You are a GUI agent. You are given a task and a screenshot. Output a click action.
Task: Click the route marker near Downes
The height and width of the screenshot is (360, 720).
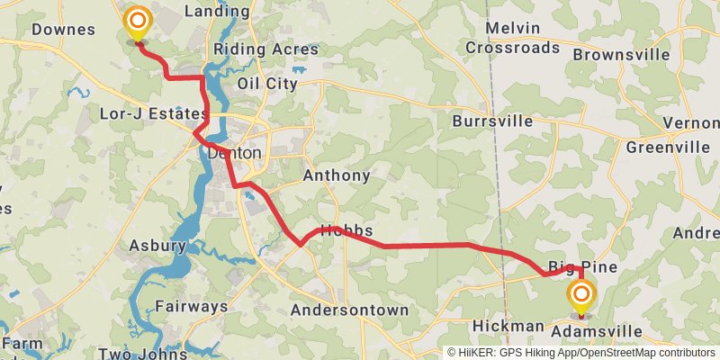coord(137,22)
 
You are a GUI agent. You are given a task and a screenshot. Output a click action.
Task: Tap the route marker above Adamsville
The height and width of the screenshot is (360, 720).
coord(580,295)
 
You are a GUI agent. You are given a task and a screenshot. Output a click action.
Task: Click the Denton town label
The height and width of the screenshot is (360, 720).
coord(233,153)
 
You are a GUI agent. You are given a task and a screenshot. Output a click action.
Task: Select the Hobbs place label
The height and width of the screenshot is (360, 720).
coord(346,230)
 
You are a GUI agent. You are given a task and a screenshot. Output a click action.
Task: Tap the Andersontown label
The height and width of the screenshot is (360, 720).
coord(349,310)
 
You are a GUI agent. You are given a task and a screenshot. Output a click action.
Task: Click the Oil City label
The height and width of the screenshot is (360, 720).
coord(266,84)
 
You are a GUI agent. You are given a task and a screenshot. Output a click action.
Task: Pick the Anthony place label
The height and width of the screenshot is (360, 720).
coord(337,175)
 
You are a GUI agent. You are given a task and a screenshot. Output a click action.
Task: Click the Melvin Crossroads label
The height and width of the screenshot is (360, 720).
coord(513,38)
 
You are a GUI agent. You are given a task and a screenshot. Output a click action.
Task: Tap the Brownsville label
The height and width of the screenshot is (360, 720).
coord(621,55)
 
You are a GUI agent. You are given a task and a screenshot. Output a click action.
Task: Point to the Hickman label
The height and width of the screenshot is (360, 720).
coord(508,326)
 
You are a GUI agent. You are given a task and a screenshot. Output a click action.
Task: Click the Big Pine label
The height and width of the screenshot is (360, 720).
coord(583,268)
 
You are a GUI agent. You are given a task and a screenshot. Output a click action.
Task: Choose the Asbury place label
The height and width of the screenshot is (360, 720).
coord(157,246)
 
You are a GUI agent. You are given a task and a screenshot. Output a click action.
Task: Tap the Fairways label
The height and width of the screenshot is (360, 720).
coord(191,307)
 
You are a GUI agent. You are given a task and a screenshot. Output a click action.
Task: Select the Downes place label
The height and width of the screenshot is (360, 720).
coord(63,30)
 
